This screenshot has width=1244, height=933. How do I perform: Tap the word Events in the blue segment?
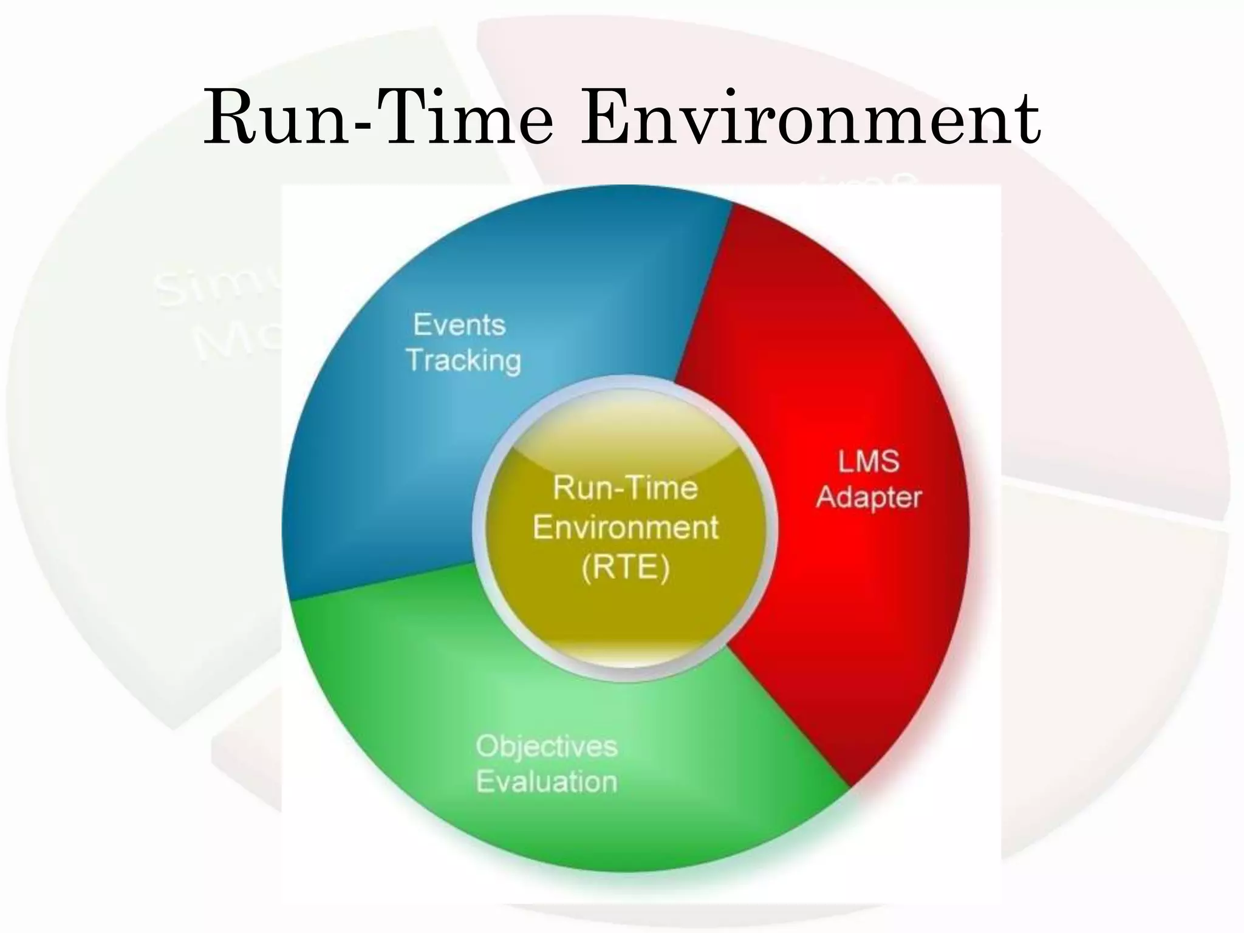[x=459, y=325]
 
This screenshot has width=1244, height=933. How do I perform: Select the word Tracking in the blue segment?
[x=463, y=360]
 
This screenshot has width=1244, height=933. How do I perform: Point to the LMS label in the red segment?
[x=869, y=462]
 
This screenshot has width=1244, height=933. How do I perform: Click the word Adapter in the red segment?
[x=869, y=497]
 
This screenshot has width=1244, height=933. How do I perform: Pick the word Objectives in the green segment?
[x=546, y=746]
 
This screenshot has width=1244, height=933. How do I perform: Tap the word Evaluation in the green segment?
[x=546, y=781]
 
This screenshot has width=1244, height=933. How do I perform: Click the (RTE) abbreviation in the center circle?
[x=626, y=568]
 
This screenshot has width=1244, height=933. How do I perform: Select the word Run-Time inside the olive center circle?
[x=625, y=488]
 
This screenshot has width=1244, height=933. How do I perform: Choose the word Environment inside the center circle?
[x=626, y=527]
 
